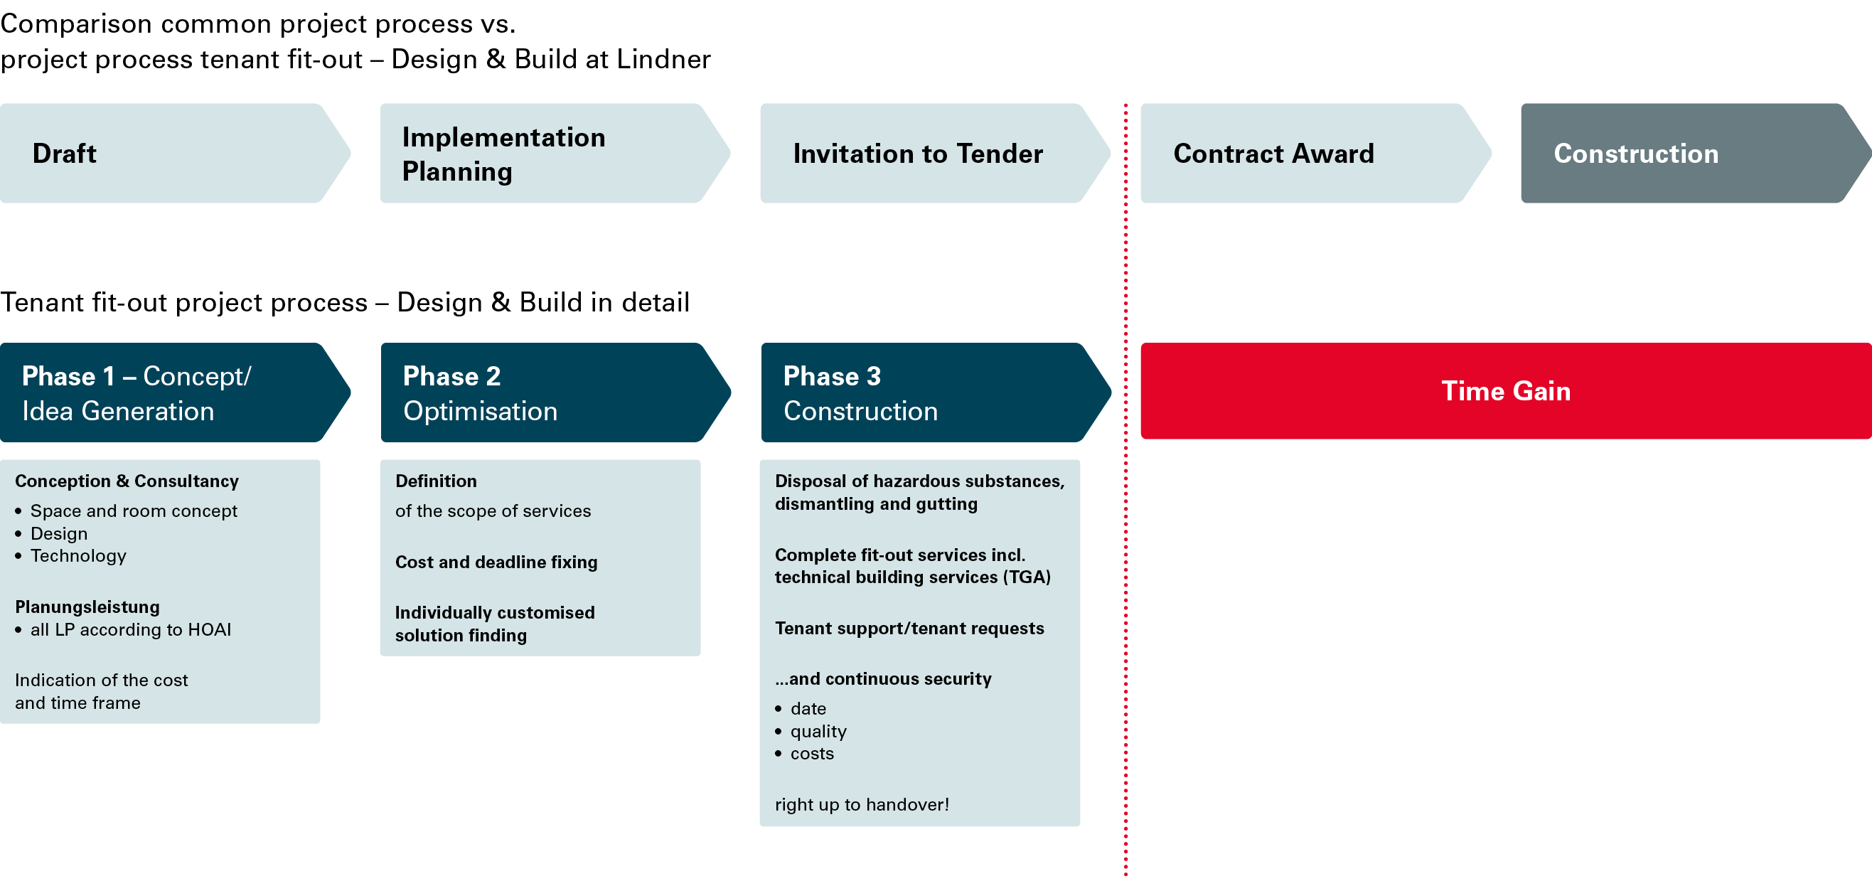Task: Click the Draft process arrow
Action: click(174, 154)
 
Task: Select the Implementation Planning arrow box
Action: click(555, 154)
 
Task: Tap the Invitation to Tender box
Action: click(935, 154)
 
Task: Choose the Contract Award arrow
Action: click(1316, 154)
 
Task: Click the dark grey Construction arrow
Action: click(1696, 154)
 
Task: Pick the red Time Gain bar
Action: click(1506, 391)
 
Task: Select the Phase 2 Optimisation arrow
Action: click(555, 393)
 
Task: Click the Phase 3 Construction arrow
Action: click(936, 393)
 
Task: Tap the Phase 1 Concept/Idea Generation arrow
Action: click(174, 393)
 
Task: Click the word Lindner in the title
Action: click(664, 60)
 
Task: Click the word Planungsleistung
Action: click(87, 607)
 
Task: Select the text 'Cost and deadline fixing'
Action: click(496, 562)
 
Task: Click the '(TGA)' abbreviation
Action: click(1027, 577)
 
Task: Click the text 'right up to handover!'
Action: click(862, 805)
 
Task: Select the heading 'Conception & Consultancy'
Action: click(127, 481)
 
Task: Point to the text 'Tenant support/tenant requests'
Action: click(909, 628)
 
